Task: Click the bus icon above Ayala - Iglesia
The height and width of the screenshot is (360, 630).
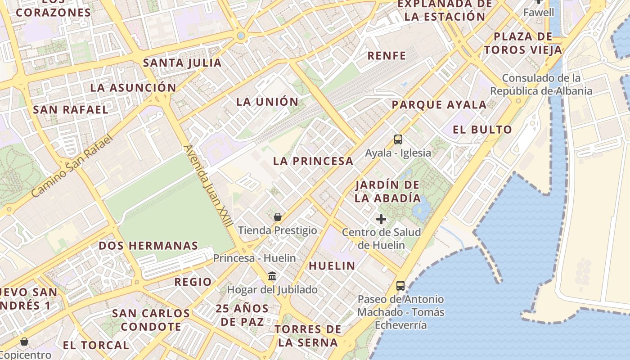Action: (x=398, y=139)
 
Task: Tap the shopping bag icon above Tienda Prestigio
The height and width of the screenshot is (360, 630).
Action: (x=278, y=217)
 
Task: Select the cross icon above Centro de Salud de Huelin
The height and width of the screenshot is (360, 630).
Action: (x=381, y=219)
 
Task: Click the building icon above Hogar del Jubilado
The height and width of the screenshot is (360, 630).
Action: (x=272, y=276)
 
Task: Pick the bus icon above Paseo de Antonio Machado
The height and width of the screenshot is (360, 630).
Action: (x=400, y=285)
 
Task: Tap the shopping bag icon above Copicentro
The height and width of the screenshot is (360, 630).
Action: (x=24, y=342)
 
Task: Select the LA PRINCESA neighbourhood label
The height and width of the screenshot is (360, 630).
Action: (x=313, y=161)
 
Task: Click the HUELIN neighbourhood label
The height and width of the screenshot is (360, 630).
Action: (x=332, y=266)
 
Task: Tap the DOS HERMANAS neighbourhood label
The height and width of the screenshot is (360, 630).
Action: (x=148, y=246)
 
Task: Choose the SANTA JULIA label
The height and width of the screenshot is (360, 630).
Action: (x=182, y=63)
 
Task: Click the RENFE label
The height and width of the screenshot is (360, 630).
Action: (x=387, y=56)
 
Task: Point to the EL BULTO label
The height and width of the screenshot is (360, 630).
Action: (x=482, y=130)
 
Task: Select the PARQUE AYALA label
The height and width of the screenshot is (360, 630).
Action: (x=439, y=105)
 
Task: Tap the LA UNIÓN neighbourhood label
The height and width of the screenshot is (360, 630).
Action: (x=267, y=102)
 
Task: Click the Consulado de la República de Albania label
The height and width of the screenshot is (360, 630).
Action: (x=541, y=85)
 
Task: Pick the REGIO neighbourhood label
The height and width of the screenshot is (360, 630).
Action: (x=193, y=282)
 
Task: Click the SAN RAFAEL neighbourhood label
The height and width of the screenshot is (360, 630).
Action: (x=71, y=109)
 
